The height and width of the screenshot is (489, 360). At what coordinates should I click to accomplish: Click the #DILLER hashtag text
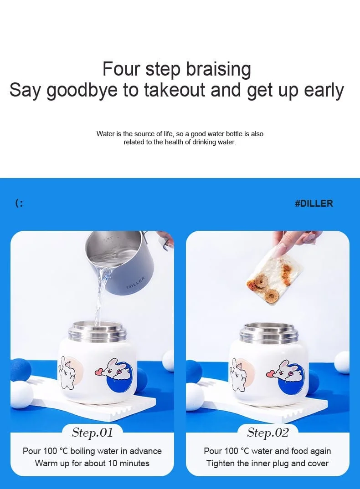coord(314,204)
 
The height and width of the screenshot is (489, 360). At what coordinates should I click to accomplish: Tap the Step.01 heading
coord(93,433)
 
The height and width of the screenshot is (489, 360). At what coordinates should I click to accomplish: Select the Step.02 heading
coord(268,433)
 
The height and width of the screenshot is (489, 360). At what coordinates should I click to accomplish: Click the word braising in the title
coord(219,69)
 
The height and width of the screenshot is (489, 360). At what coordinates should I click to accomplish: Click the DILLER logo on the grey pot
coord(136,283)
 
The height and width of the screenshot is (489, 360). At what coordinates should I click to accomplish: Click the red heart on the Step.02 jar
coord(271,373)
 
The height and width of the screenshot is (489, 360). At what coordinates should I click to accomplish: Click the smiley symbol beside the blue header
coord(19,204)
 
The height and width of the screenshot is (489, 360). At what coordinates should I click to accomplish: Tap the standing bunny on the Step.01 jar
coord(67,372)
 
